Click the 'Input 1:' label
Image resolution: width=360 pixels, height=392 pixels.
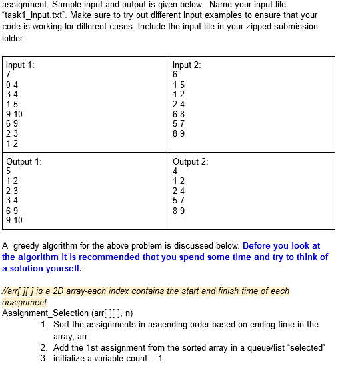20,65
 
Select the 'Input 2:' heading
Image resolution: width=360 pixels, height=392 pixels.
187,65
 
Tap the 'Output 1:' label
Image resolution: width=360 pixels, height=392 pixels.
24,161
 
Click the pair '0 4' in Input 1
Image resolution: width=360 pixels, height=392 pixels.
12,85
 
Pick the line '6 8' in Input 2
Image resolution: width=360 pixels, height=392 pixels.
179,114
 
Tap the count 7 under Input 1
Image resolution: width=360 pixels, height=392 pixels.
9,75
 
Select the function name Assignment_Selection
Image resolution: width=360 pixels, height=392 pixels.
45,313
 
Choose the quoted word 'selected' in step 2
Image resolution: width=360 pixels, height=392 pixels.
307,347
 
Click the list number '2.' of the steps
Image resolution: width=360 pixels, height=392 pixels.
44,347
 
